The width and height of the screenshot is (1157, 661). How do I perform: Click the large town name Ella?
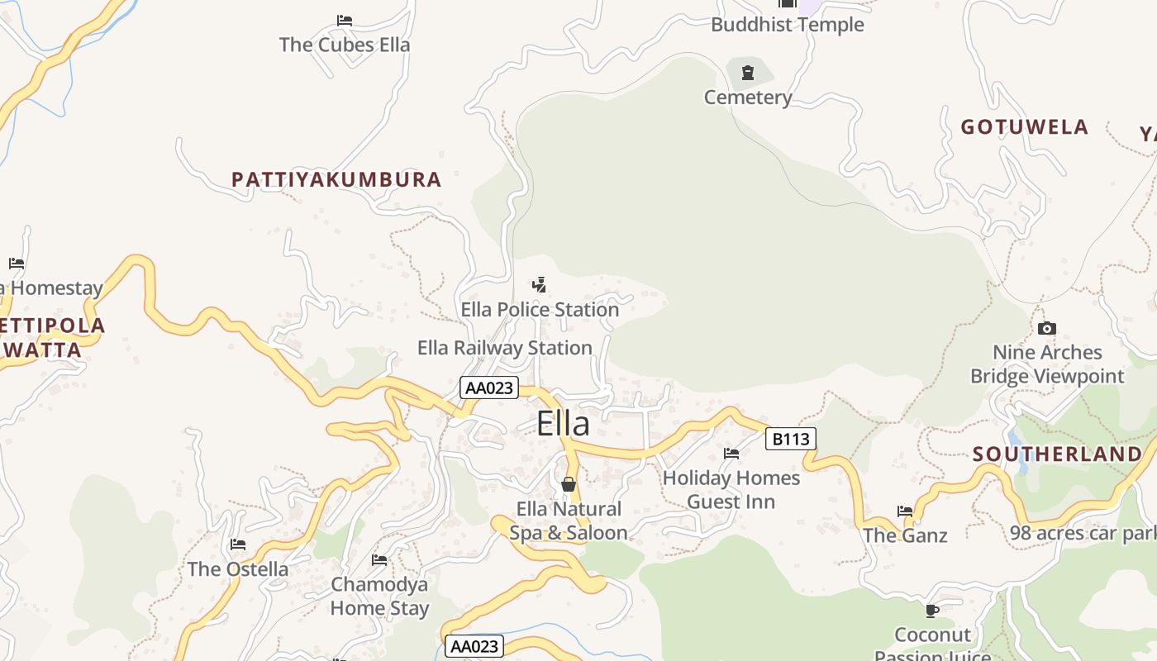click(563, 424)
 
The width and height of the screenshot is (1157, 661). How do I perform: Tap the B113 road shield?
click(790, 439)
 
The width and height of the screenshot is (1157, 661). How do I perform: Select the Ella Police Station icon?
click(539, 285)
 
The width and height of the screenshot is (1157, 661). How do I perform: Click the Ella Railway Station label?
click(504, 348)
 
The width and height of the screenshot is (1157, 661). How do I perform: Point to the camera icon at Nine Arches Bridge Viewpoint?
click(1046, 328)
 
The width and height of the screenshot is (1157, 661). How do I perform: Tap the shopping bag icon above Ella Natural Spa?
click(568, 484)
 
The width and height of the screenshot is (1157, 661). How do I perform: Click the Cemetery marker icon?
click(748, 73)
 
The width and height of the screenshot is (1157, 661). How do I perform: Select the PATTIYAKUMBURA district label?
click(336, 179)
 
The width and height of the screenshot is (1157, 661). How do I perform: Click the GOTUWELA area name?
click(1024, 127)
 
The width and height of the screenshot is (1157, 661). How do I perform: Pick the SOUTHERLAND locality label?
click(1057, 454)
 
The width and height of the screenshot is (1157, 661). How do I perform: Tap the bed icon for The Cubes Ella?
click(345, 21)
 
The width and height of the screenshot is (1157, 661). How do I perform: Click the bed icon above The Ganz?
click(905, 511)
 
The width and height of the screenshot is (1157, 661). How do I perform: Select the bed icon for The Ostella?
click(238, 544)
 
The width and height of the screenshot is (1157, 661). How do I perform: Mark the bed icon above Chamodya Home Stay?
click(379, 560)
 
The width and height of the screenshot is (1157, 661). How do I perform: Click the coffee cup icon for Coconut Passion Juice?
click(932, 611)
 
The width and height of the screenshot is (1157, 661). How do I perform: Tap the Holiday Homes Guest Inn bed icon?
click(731, 453)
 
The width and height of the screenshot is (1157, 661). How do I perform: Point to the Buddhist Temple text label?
click(787, 25)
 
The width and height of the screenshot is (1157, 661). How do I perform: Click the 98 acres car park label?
click(1083, 533)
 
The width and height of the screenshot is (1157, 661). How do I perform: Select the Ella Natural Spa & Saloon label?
click(569, 521)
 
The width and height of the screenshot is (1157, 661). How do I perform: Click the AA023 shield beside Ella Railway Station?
click(488, 388)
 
